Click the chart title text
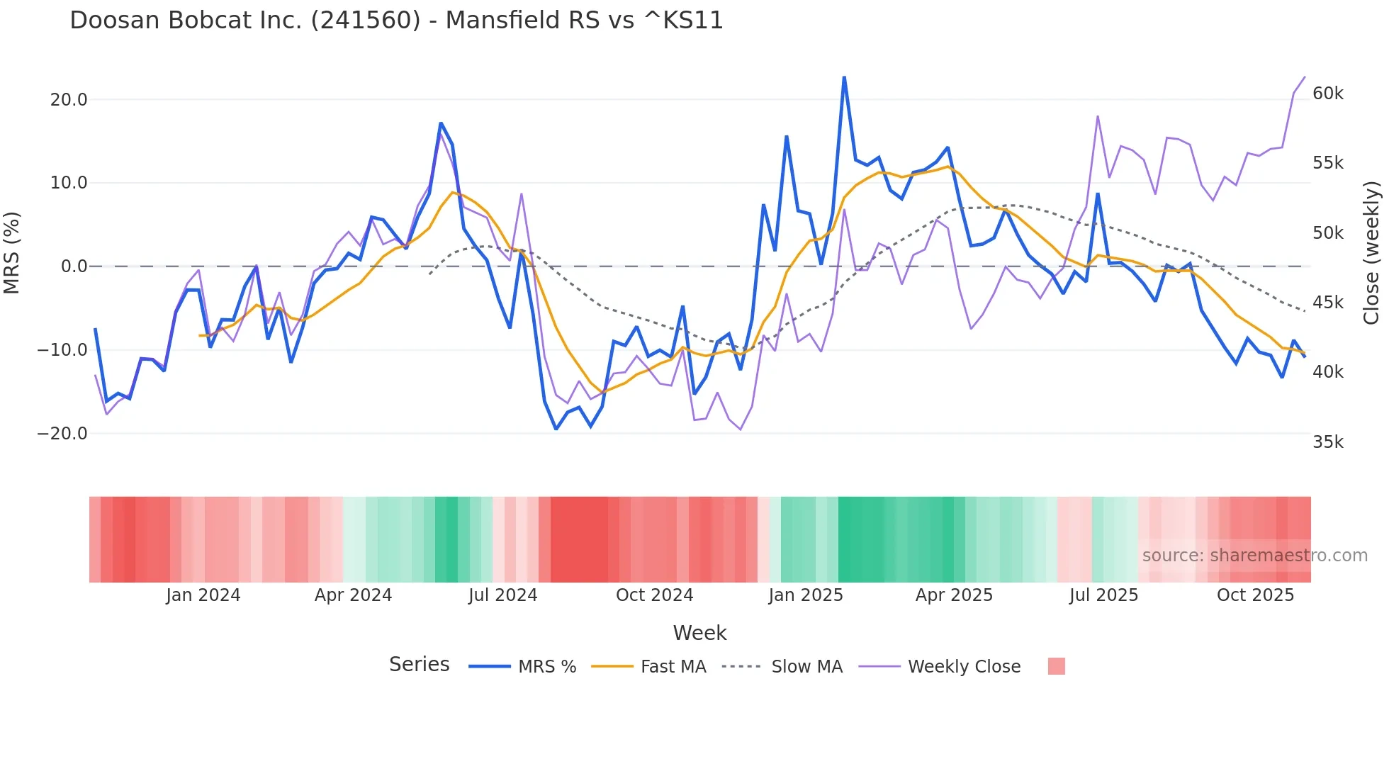coord(396,21)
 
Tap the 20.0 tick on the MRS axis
coord(69,100)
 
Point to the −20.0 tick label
coord(62,434)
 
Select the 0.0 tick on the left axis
coord(74,266)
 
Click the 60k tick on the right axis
coord(1327,94)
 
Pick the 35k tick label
coord(1327,442)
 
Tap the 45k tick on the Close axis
coord(1327,303)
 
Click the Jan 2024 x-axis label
coord(203,595)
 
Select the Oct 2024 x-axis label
coord(654,595)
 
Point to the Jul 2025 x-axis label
coord(1103,595)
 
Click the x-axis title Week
coord(699,633)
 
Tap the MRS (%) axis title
coord(12,253)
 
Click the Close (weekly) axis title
coord(1372,253)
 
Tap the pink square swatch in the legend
coord(1056,666)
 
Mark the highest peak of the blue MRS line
coord(844,77)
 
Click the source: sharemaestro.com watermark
coord(1254,556)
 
